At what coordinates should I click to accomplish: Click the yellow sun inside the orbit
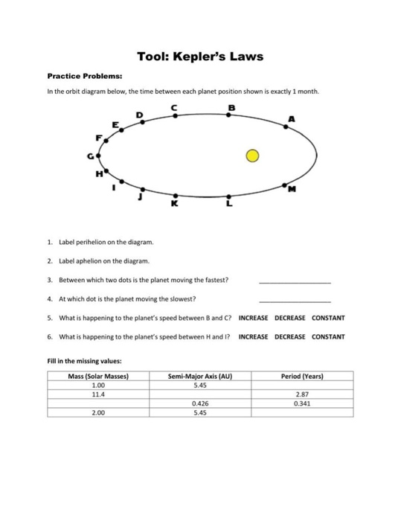coord(253,156)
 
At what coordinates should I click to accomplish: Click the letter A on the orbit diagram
coord(292,118)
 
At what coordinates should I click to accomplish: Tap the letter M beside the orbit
coord(293,189)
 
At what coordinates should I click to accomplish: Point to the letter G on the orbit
coord(91,156)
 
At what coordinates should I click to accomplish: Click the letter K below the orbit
coord(175,203)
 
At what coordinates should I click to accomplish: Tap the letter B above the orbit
coord(231,107)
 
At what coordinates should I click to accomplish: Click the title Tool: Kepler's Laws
coord(200,57)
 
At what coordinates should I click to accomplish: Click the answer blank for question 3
coord(294,281)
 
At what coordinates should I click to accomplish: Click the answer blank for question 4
coord(294,299)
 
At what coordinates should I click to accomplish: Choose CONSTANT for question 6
coord(328,336)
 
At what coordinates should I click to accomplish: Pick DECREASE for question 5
coord(289,318)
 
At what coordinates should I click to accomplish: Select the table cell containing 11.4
coord(97,394)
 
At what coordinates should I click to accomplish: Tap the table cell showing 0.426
coord(200,403)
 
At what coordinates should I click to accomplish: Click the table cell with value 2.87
coord(303,394)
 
